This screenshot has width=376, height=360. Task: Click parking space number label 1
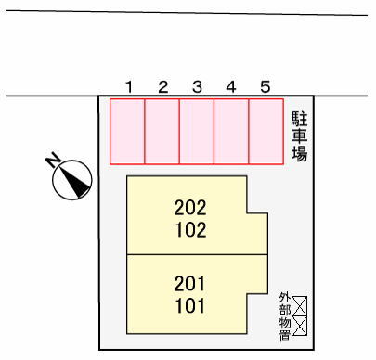coord(129,87)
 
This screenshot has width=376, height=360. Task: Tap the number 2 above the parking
coord(163,87)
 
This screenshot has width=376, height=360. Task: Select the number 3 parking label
coord(197,87)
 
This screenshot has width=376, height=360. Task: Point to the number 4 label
coord(231,87)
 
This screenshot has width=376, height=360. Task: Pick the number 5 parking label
coord(266,87)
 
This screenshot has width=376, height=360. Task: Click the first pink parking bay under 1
coord(127,131)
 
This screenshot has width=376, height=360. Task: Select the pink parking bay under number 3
coord(197,131)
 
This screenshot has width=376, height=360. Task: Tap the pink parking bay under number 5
coord(266,131)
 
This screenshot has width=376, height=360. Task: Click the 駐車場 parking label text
coord(299,136)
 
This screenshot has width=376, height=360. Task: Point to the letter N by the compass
coord(53,160)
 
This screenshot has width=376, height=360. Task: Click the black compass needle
coord(75,181)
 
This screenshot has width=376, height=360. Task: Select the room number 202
coord(190,208)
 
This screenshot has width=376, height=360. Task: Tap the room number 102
coord(190,230)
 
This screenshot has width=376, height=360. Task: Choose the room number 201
coord(189,284)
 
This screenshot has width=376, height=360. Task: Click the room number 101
coord(190,306)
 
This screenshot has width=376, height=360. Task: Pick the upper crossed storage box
coord(300,306)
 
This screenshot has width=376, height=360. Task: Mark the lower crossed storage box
coord(300,326)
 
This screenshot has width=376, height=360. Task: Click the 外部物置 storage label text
coord(285,316)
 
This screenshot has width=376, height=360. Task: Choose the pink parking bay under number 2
coord(162,131)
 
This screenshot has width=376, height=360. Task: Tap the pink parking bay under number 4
coord(231,131)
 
